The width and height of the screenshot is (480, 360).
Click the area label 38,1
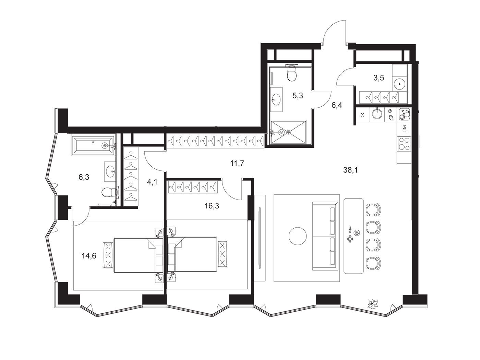350,170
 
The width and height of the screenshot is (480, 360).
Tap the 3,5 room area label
379,78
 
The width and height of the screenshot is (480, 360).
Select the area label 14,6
89,255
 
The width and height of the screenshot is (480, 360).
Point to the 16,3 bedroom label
212,206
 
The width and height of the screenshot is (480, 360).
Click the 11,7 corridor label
237,163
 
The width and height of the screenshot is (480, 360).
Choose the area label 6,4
337,105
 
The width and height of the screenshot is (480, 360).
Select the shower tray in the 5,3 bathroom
288,132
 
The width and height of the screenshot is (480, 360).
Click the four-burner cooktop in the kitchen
404,143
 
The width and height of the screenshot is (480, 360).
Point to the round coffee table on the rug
297,236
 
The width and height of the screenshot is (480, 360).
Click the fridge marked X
362,115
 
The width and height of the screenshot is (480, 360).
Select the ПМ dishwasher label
404,129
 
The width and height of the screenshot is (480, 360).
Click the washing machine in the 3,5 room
400,84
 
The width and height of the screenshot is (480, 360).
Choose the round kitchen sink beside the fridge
377,114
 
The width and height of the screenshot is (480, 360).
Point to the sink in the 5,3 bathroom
276,99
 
